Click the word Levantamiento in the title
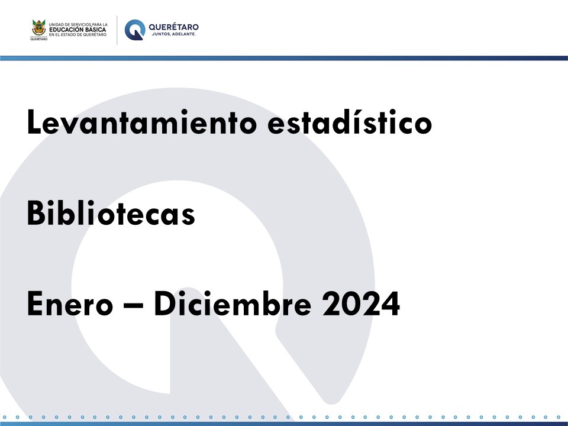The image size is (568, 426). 141,122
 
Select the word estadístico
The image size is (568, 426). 350,122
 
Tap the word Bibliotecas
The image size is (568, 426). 111,212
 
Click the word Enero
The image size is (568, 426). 70,304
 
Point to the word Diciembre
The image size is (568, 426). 233,303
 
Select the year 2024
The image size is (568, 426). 361,304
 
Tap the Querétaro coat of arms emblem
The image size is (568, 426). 39,28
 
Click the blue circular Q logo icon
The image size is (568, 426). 135,30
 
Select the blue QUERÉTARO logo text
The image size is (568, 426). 173,27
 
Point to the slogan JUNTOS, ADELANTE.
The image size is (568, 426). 174,34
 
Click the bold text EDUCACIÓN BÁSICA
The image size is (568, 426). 78,30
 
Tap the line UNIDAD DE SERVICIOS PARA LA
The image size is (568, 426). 78,25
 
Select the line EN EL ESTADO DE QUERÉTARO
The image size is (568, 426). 78,35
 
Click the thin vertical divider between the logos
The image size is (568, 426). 117,30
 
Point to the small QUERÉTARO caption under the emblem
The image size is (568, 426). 39,39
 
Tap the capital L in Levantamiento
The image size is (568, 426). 34,122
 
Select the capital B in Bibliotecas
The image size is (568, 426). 35,212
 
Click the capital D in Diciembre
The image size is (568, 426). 165,304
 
